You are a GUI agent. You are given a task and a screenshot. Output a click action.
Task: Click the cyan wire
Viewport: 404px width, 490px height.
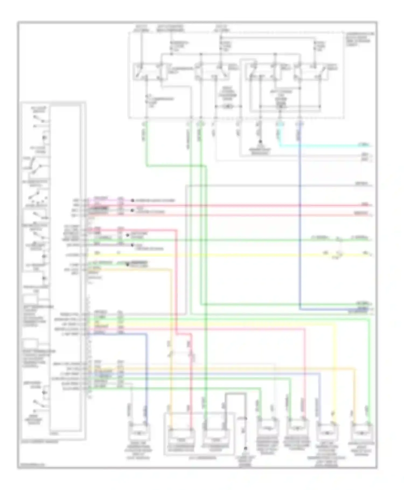point(323,146)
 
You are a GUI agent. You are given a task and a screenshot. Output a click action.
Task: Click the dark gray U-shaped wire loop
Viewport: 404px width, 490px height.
point(236,394)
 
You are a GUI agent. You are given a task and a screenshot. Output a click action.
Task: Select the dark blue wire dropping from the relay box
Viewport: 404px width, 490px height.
point(300,216)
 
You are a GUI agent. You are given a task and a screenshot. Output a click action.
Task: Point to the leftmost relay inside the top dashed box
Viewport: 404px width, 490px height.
point(147,71)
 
